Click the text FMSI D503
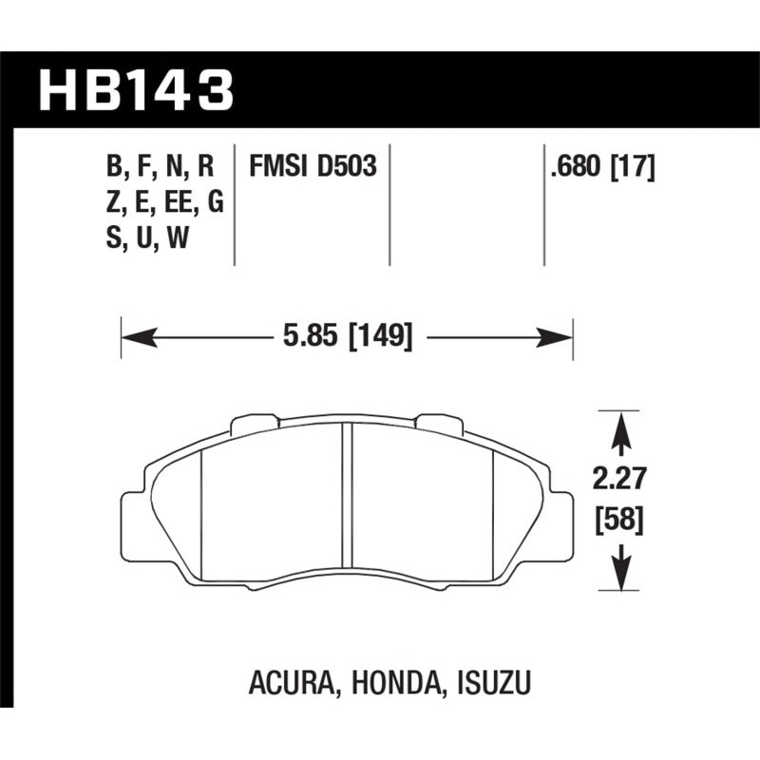[x=313, y=168]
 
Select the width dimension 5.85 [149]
[x=348, y=336]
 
